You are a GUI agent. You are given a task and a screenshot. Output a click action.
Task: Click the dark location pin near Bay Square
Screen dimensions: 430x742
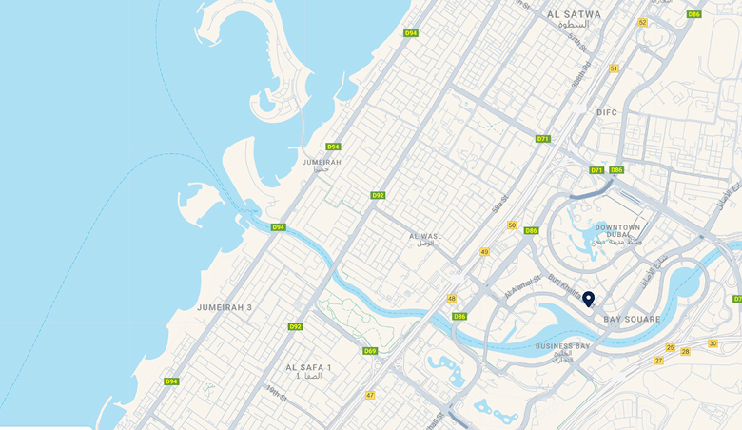click(x=588, y=299)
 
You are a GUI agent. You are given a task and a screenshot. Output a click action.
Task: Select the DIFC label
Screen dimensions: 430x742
click(x=607, y=112)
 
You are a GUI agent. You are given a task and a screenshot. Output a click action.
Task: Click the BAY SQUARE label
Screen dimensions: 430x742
click(x=632, y=320)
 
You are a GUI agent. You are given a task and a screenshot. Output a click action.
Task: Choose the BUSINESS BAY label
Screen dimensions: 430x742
click(x=562, y=346)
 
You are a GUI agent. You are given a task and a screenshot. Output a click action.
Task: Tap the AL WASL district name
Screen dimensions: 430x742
click(x=425, y=236)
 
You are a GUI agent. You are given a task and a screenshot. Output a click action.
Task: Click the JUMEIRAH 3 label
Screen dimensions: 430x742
click(x=225, y=307)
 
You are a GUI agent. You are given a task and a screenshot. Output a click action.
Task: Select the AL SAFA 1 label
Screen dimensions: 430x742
click(x=309, y=367)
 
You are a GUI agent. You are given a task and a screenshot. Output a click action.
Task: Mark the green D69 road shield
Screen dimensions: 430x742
click(x=370, y=351)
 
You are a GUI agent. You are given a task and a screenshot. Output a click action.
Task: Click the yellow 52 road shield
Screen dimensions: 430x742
click(x=643, y=22)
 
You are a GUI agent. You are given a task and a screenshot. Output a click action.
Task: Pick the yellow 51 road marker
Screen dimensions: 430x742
click(x=614, y=68)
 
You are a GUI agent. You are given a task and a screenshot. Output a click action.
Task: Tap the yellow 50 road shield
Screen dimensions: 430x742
click(x=512, y=225)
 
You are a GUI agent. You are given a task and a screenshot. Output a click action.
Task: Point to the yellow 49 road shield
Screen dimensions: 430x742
click(x=484, y=252)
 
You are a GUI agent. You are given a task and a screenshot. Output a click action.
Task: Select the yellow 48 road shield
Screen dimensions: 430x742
click(x=452, y=298)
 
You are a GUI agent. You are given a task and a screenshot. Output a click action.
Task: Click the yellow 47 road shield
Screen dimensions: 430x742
click(x=370, y=395)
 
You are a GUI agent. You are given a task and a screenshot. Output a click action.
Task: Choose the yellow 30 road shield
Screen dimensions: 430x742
click(x=713, y=343)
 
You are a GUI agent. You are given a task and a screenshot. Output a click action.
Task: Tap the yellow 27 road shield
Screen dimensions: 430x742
click(x=658, y=361)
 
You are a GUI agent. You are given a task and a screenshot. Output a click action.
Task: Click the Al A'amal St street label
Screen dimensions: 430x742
click(x=522, y=291)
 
